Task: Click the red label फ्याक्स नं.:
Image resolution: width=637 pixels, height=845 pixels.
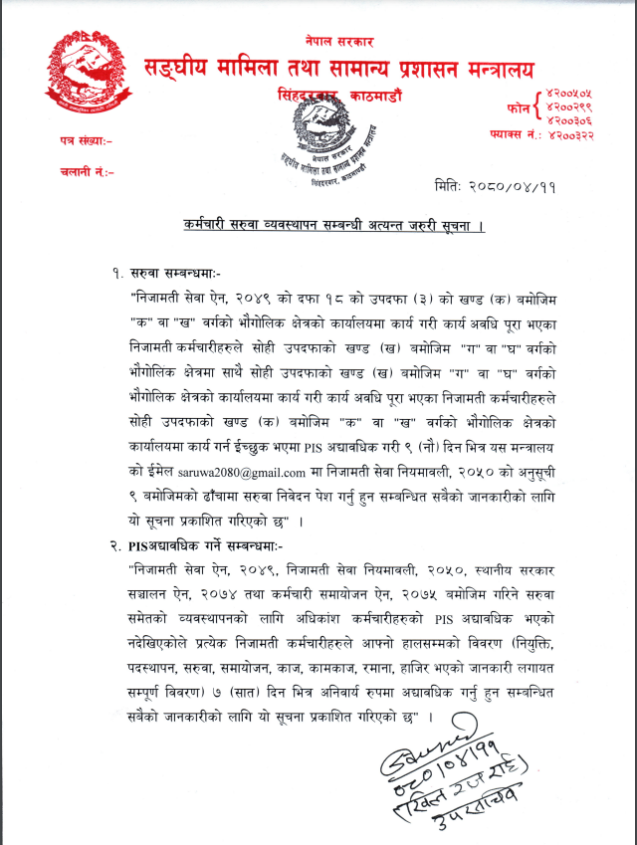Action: (515, 133)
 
